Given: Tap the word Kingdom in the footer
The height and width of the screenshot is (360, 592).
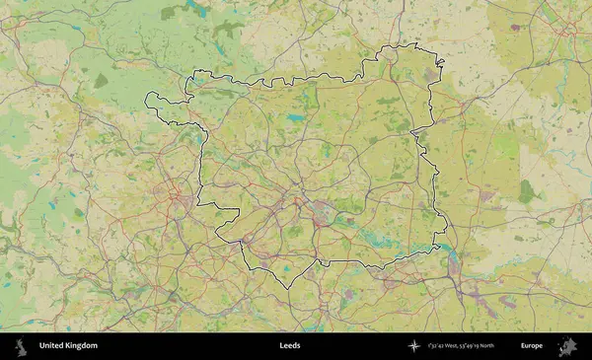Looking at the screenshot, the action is tap(82, 346).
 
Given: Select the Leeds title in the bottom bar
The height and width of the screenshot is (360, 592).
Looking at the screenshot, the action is tap(290, 346).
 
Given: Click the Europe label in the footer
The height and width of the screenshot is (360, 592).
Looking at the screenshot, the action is tap(532, 346).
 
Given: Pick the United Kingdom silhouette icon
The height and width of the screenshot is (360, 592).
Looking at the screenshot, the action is tap(19, 346).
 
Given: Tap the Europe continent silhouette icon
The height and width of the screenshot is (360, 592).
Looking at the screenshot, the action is tap(568, 346).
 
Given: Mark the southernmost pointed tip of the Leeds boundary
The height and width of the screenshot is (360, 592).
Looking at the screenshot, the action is tap(287, 288).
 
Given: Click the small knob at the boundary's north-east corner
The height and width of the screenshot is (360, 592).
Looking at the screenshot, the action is tap(440, 64).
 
